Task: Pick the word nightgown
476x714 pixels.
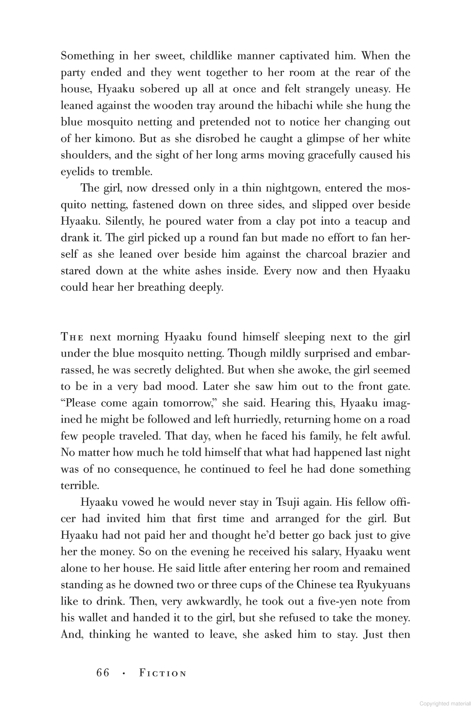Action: tap(287, 188)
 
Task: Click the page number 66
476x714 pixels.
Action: tap(103, 673)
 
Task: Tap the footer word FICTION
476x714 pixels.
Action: tap(163, 673)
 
